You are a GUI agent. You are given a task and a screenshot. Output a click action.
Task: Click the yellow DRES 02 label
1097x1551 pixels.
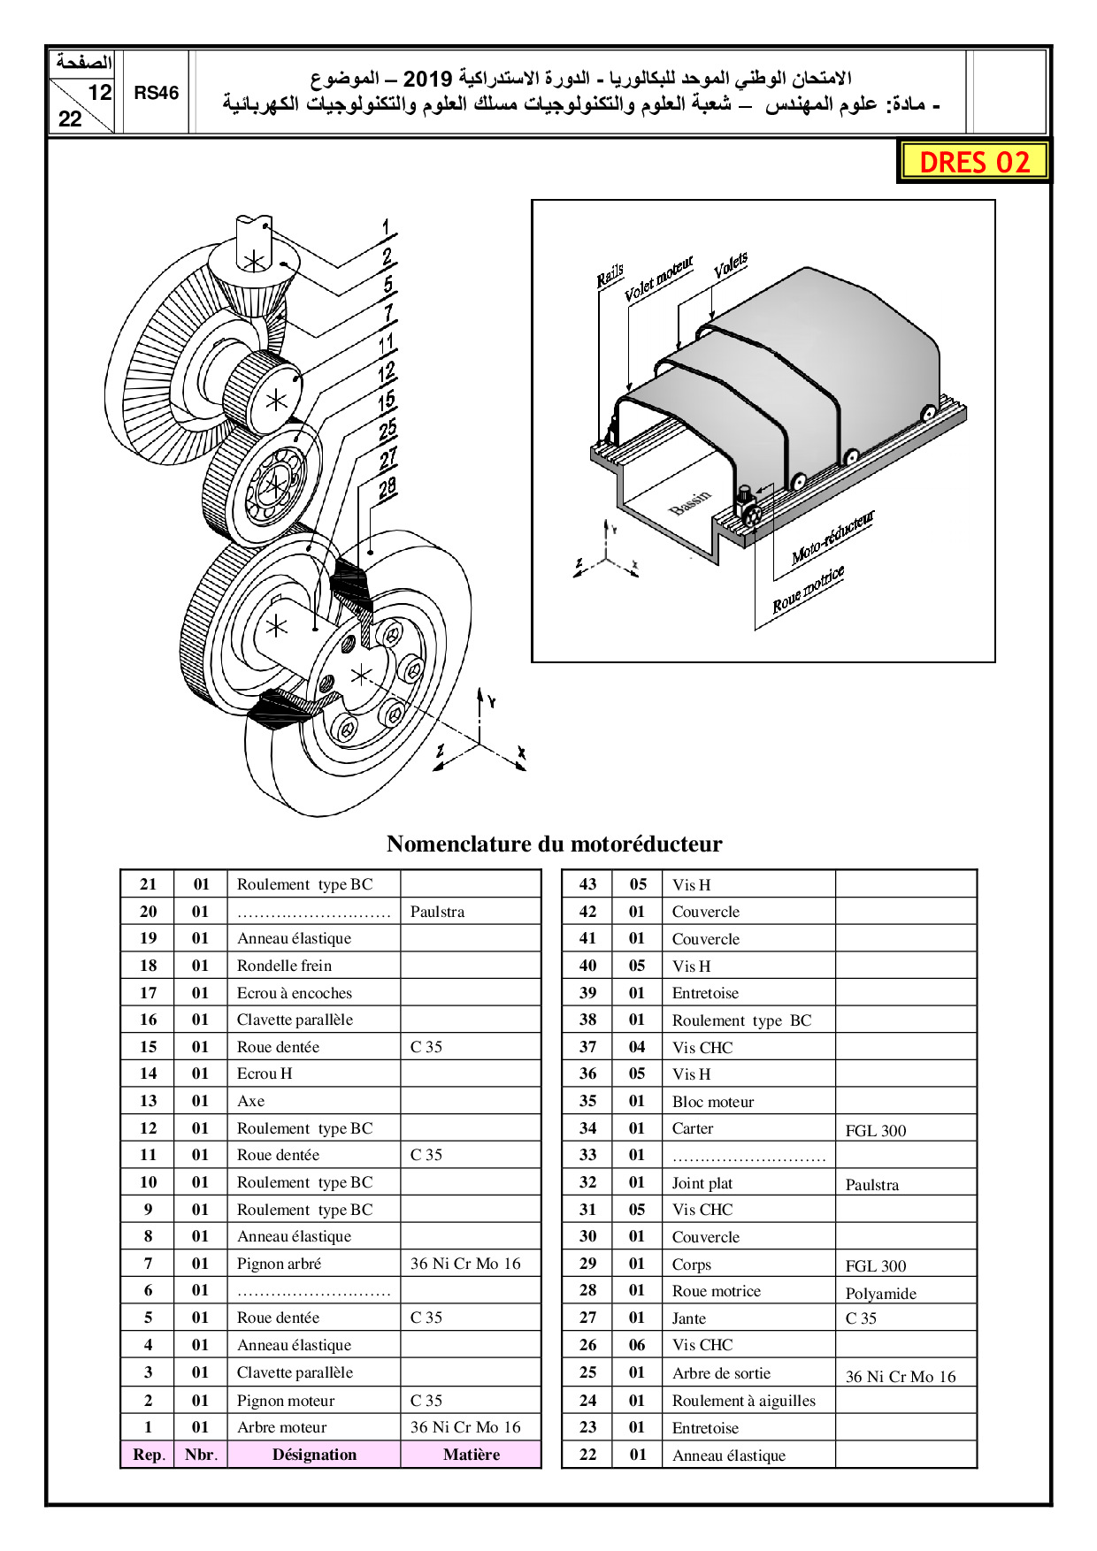pos(974,162)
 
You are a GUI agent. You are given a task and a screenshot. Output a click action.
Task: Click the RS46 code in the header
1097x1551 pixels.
pos(157,93)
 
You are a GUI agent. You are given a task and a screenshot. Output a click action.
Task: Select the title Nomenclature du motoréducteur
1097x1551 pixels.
pos(554,844)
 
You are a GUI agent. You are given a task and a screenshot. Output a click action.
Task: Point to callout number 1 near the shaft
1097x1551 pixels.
pos(386,228)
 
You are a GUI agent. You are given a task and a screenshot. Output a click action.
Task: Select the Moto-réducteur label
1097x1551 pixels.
pos(832,538)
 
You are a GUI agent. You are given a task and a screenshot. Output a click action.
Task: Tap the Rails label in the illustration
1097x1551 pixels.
pos(610,275)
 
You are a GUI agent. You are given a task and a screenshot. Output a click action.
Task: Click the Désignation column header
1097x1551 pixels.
pos(314,1455)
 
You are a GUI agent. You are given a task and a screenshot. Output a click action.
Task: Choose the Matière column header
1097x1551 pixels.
pos(471,1455)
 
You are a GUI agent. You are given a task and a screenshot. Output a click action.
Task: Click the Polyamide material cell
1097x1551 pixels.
pos(880,1293)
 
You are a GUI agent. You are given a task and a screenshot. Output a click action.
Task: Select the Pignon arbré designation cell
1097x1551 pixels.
pos(279,1264)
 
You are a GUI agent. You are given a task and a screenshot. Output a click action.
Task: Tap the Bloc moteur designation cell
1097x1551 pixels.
pos(713,1102)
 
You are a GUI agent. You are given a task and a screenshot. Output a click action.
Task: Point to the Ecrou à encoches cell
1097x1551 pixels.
pos(294,993)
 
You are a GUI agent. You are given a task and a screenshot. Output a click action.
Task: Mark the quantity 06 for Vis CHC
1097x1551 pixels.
pos(637,1345)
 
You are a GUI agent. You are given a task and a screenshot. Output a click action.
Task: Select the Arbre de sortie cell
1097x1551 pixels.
pos(721,1373)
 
